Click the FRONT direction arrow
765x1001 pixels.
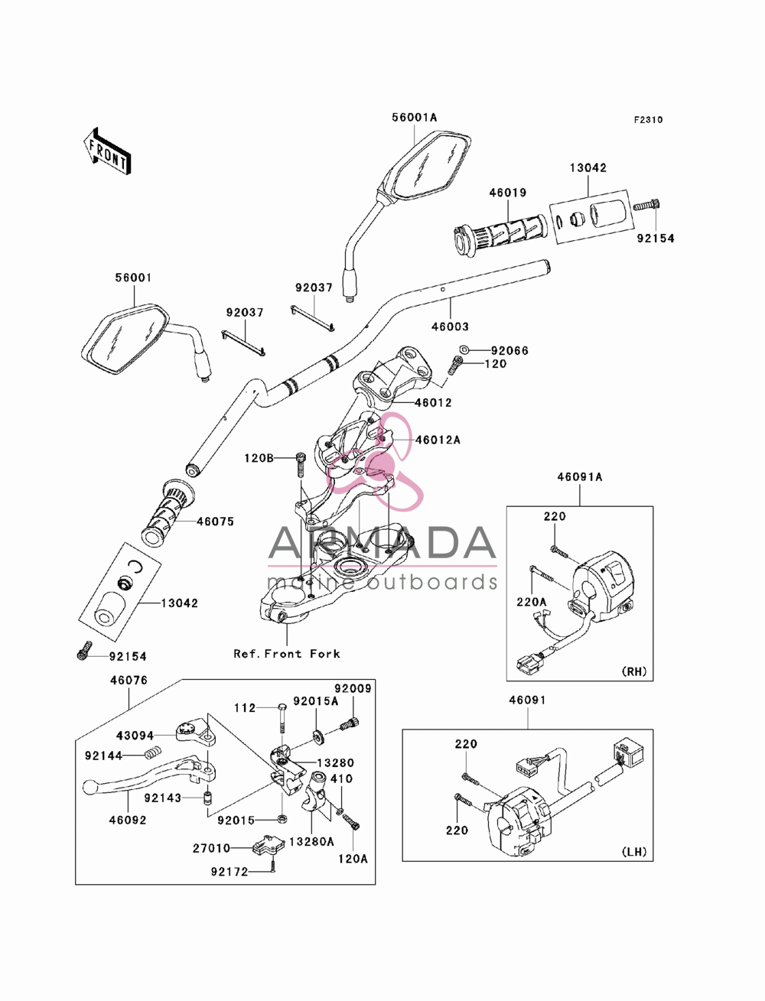coord(107,151)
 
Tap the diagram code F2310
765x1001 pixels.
coord(648,120)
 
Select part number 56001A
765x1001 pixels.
coord(414,117)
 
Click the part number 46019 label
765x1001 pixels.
coord(508,193)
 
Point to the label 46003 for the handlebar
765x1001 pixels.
coord(450,327)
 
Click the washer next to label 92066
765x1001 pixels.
coord(464,349)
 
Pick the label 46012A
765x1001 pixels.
coord(438,440)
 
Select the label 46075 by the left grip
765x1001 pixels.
coord(215,522)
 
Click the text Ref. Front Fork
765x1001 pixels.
coord(287,654)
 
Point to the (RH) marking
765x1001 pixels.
coord(634,671)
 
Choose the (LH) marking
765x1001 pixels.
coord(634,851)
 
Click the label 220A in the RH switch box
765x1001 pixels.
coord(532,602)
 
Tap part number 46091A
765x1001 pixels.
coord(580,477)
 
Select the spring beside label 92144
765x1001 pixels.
coord(154,755)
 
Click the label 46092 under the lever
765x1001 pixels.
coord(128,820)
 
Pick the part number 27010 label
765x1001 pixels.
coord(211,848)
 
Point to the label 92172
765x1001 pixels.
coord(229,872)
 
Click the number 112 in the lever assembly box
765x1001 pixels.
coord(245,708)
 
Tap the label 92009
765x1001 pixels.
coord(353,688)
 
